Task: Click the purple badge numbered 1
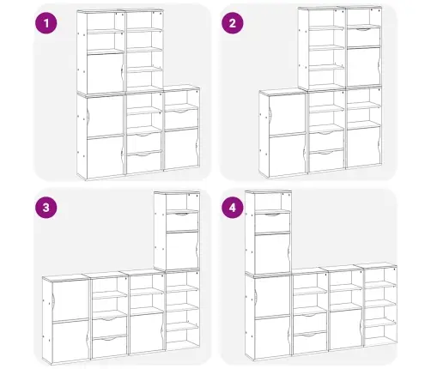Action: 46,23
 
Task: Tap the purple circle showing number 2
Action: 233,23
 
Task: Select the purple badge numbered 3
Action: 46,208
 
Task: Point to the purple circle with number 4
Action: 233,208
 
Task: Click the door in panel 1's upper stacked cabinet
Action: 105,73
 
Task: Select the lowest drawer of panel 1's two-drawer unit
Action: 144,162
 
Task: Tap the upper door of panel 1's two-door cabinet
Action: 105,116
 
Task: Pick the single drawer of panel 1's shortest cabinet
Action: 181,118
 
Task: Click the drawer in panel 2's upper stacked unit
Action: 364,37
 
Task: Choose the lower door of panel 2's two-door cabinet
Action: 287,154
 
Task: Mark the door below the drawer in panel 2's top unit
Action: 364,67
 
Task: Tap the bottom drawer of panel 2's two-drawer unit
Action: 326,160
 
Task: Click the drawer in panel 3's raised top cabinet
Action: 182,221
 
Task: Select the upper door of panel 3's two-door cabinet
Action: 70,299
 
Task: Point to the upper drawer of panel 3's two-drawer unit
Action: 110,325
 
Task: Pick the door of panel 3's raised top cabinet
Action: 182,251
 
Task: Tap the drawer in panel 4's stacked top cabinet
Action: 272,222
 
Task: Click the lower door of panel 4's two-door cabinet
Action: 272,337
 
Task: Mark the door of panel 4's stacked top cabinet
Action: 272,254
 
